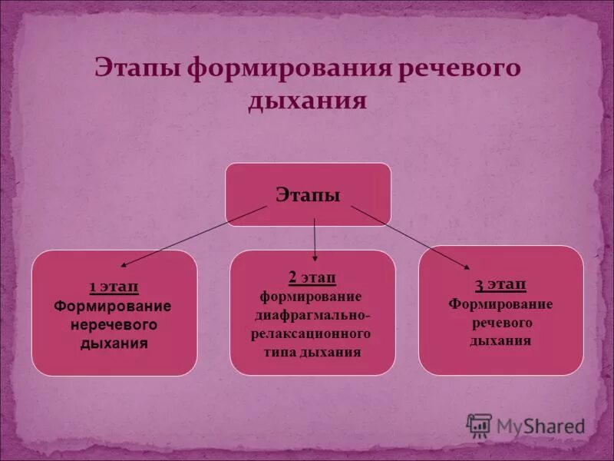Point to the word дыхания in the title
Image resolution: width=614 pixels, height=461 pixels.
coord(306,101)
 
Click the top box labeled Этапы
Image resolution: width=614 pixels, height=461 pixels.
coord(308,194)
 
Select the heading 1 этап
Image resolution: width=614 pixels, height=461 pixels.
coord(114,287)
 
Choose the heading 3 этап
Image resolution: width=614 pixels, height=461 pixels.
coord(500,286)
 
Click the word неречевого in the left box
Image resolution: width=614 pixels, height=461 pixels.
coord(114,324)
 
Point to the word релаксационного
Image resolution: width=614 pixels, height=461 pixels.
coord(311,334)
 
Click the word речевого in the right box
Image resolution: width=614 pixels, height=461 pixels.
coord(500,322)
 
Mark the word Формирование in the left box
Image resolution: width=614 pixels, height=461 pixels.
coord(113,306)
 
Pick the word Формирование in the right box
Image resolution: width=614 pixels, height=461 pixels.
coord(500,303)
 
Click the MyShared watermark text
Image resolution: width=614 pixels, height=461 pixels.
coord(540,425)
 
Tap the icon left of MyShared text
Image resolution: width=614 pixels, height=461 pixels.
coord(480,425)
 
